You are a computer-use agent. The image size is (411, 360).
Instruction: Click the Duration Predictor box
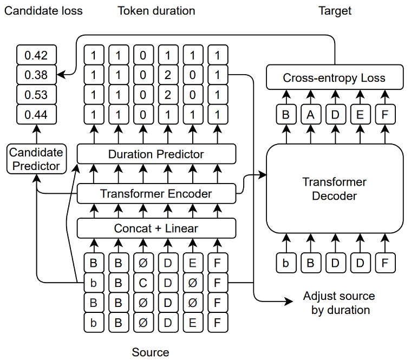point(156,154)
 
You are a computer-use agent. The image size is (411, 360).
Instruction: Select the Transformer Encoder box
point(156,193)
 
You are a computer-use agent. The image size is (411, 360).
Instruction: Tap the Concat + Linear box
point(156,228)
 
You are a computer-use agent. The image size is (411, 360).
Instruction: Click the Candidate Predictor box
point(36,159)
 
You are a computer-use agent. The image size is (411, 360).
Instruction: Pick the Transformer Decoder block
point(334,189)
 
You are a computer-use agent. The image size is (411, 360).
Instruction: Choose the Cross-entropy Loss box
point(334,77)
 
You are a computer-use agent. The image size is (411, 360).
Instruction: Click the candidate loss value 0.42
point(36,56)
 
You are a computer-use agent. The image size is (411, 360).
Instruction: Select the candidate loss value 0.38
point(36,75)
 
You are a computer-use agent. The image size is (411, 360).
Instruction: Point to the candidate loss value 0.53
point(36,95)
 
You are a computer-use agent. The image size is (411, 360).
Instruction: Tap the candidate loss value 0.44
point(36,114)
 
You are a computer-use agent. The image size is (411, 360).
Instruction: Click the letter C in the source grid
point(143,282)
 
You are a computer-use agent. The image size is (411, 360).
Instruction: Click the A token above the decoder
point(310,114)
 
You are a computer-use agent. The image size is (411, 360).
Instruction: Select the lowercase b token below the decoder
point(285,263)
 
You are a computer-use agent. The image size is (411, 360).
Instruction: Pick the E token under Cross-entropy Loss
point(360,114)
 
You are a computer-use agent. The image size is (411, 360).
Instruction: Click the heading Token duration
point(156,10)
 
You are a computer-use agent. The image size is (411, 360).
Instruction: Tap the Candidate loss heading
point(43,10)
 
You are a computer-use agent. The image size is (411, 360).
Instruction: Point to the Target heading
point(335,10)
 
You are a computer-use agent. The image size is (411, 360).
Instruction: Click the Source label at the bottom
point(151,352)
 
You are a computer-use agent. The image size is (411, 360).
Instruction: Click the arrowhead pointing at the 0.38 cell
point(61,75)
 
